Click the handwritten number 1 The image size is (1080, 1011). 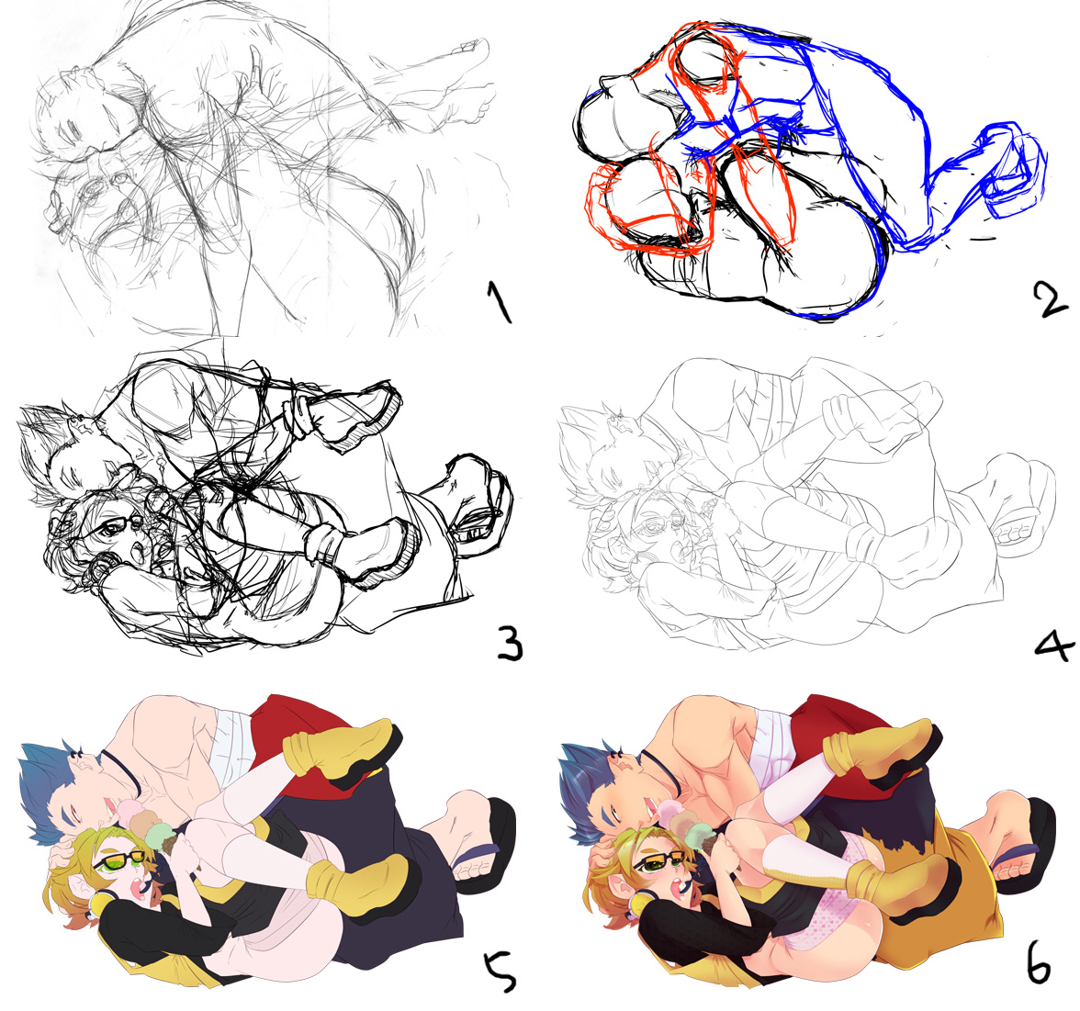point(500,301)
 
